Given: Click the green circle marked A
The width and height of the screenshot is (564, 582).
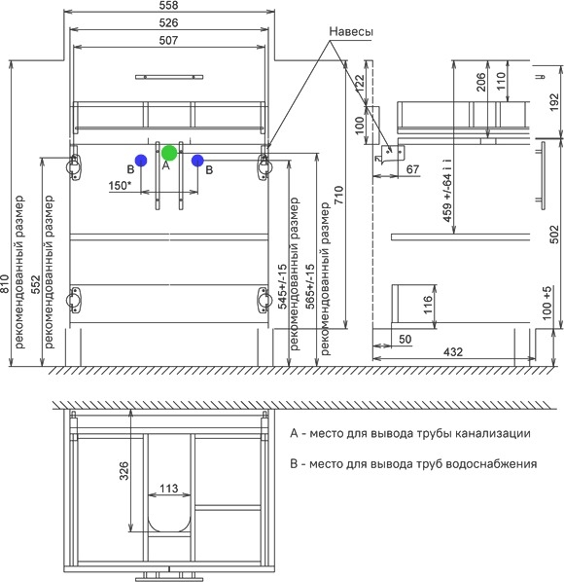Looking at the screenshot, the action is (x=169, y=153).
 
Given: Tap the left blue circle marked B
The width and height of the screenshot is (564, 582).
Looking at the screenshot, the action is (x=141, y=161).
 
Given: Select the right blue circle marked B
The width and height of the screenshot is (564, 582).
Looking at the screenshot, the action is (x=197, y=161).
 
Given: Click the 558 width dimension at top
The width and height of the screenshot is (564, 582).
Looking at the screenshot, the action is (x=169, y=5).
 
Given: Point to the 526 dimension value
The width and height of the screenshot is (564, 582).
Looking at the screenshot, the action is (x=169, y=23).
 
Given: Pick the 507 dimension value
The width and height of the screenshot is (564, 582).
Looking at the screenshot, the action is (x=169, y=40).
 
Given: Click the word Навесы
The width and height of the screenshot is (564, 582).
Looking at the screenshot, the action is (x=351, y=31).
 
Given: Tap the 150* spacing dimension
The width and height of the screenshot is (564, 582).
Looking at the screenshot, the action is (x=120, y=185).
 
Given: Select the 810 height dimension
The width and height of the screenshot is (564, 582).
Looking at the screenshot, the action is (x=5, y=283).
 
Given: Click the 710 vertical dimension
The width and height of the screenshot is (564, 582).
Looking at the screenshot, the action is (x=339, y=196).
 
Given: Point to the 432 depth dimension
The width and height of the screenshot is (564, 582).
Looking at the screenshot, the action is (x=453, y=351).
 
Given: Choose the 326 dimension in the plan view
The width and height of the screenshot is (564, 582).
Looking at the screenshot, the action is (x=123, y=471).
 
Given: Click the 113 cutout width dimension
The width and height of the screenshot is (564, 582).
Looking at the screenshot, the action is (x=169, y=489).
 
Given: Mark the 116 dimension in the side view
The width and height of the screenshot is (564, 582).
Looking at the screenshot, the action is (x=428, y=305).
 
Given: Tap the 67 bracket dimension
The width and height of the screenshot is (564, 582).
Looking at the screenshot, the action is (x=412, y=169).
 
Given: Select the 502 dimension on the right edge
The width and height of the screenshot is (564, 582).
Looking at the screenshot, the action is (x=553, y=235).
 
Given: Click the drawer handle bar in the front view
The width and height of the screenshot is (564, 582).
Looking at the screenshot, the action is (x=169, y=77).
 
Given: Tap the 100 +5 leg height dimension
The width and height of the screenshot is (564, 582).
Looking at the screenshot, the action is (x=546, y=303).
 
